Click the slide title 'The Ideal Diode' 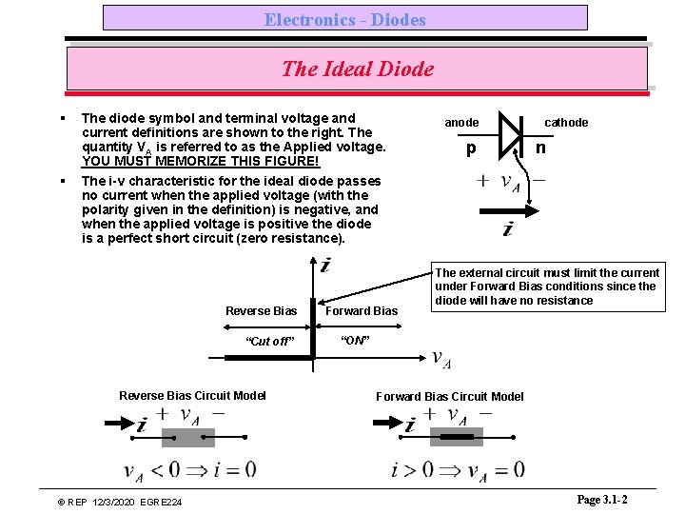[x=357, y=69]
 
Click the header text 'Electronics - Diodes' [x=344, y=19]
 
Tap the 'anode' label [x=462, y=122]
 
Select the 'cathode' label [x=566, y=122]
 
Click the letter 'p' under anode [x=470, y=150]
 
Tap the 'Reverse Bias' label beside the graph [x=261, y=311]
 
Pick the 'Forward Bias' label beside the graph [x=362, y=311]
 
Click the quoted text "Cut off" [x=270, y=342]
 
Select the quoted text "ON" [x=353, y=341]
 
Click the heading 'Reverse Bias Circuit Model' [x=192, y=395]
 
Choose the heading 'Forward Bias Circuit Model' [x=449, y=396]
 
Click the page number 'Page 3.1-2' [x=601, y=500]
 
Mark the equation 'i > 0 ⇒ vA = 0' [x=458, y=469]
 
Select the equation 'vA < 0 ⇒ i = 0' [x=190, y=469]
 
